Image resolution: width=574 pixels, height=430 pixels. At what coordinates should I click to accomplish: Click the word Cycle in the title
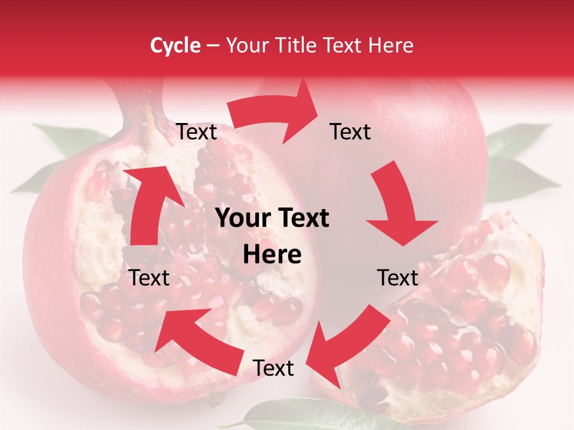(175, 45)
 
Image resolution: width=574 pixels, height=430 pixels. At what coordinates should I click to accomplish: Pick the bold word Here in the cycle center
(272, 255)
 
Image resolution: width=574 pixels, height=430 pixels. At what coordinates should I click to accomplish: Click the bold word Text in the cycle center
(301, 219)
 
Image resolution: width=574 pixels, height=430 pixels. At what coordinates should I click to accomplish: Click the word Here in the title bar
(392, 45)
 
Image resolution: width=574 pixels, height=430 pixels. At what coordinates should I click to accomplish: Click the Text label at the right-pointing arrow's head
(350, 131)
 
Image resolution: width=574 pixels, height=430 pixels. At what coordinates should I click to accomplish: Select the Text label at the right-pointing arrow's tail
(196, 132)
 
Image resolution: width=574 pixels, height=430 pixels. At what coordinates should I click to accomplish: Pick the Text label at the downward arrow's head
(398, 278)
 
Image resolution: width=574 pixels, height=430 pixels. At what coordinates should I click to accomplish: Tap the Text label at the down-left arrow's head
(273, 368)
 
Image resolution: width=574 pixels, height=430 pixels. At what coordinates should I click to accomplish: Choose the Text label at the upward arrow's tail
(149, 278)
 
